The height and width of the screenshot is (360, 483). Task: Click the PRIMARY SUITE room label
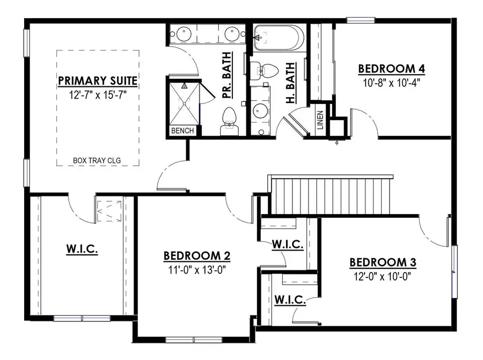(98, 80)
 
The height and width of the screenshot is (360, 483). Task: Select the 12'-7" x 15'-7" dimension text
(98, 95)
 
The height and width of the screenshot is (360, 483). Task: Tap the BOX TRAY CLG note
(98, 160)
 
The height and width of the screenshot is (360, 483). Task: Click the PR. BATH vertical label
(226, 75)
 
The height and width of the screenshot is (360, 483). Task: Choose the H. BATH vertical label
(289, 83)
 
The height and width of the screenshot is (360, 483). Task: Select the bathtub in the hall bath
(277, 37)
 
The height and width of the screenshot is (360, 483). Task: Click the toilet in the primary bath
(229, 118)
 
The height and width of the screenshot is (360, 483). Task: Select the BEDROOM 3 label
(383, 262)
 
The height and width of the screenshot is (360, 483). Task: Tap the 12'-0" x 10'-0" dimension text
(383, 277)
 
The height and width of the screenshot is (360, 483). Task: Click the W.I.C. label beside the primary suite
(82, 248)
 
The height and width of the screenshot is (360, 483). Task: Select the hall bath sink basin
(261, 111)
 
